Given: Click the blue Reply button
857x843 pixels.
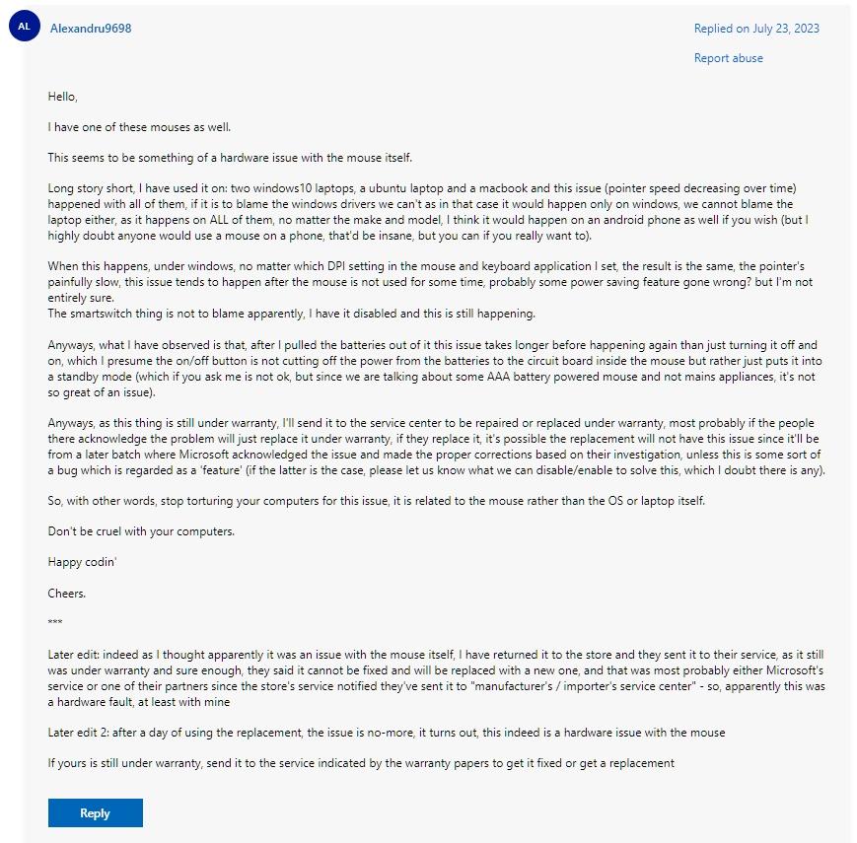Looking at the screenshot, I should pyautogui.click(x=95, y=812).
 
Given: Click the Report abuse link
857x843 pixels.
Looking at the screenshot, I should pyautogui.click(x=728, y=58).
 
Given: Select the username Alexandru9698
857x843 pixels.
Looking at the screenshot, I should pyautogui.click(x=91, y=29).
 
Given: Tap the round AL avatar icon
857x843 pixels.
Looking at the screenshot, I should pyautogui.click(x=25, y=27).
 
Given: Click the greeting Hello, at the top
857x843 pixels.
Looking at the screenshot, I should pyautogui.click(x=62, y=97).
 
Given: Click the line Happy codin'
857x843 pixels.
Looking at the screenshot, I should pyautogui.click(x=83, y=562).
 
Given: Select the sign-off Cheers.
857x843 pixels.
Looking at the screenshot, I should pyautogui.click(x=67, y=594).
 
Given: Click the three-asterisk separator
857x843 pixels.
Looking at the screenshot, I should pyautogui.click(x=55, y=623).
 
